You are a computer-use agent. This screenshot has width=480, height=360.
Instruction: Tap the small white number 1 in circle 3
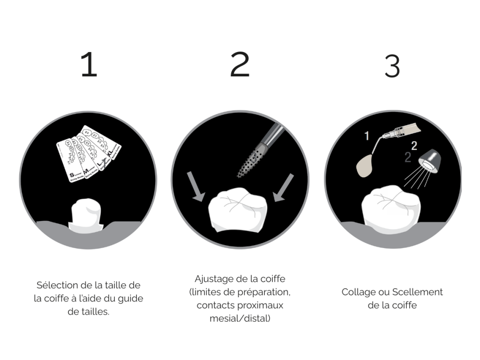(367, 136)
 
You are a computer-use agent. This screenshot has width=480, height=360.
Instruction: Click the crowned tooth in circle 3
(392, 206)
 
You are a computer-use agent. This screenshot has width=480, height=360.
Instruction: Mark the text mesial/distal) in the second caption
(240, 319)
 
